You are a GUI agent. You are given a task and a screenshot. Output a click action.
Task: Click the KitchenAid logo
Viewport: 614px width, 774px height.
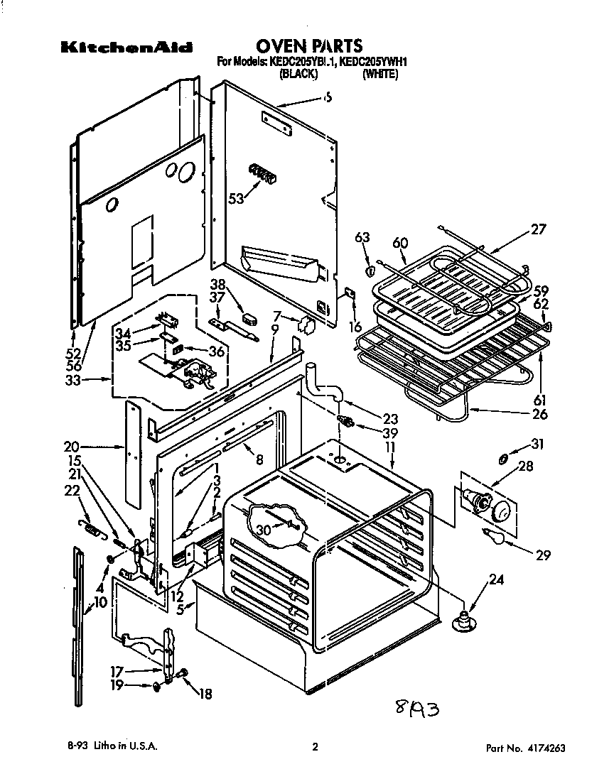(x=126, y=49)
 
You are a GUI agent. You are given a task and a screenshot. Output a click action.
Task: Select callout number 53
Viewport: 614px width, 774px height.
(x=235, y=199)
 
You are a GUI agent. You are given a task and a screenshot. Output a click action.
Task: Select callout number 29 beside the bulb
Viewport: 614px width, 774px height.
(x=543, y=555)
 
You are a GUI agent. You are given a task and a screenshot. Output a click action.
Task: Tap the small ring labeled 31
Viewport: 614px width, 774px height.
(x=504, y=459)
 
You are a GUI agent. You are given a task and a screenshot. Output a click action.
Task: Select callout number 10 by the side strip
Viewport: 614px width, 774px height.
(x=100, y=602)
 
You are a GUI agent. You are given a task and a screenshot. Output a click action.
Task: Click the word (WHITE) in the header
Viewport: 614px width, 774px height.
(x=379, y=74)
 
